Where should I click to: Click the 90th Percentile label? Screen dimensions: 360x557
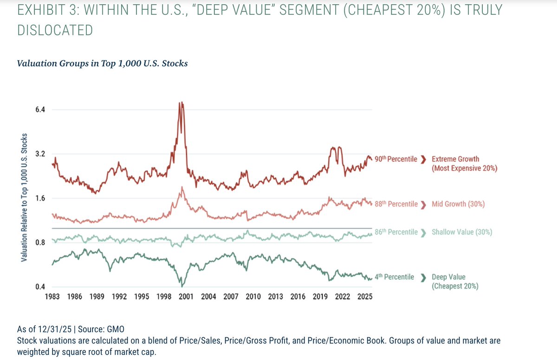point(395,159)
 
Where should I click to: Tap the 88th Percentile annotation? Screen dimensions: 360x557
point(395,204)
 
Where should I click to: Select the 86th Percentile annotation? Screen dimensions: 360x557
point(395,232)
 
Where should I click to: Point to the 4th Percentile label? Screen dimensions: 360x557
point(394,277)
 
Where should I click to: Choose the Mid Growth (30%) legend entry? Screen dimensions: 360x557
point(458,204)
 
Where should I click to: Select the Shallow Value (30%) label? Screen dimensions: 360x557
point(462,232)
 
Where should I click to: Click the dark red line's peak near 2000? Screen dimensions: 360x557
point(181,103)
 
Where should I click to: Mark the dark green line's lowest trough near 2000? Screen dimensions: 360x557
point(182,286)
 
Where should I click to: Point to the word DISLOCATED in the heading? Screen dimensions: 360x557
point(55,30)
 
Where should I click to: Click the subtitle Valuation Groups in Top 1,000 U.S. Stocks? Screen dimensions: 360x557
point(102,64)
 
